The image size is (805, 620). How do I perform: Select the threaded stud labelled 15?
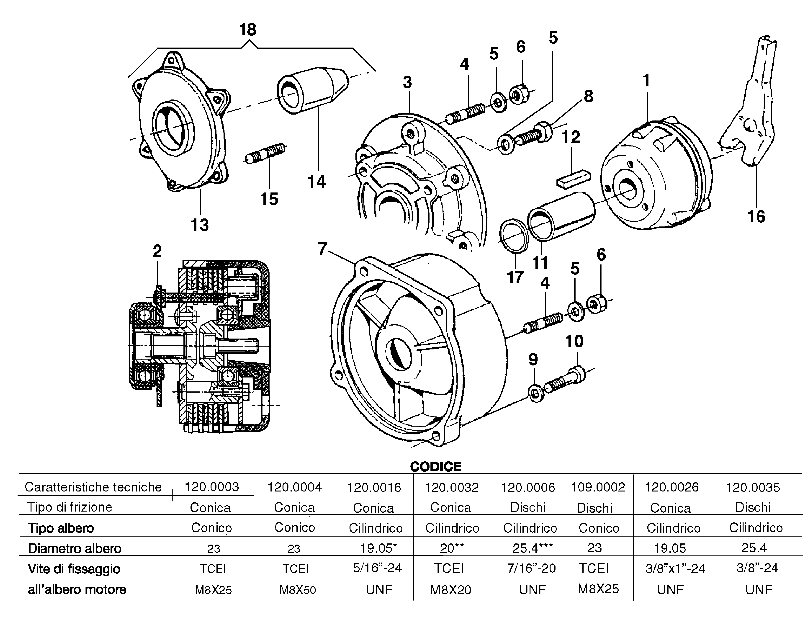[x=265, y=153]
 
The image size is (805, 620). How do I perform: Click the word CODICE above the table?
[x=436, y=467]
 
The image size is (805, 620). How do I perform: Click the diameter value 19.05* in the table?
[x=378, y=548]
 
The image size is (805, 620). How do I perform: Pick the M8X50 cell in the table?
[x=297, y=590]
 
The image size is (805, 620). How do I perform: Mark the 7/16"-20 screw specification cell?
[x=531, y=568]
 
